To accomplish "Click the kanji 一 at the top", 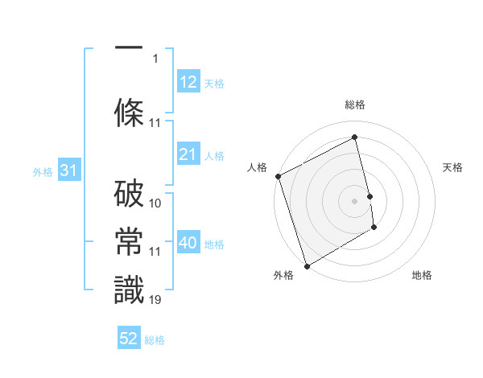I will (129, 47).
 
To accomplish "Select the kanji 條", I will (129, 110).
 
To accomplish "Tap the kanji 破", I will (129, 195).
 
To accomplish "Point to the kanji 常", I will (129, 244).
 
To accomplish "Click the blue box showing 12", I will (188, 82).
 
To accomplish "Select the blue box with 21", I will (188, 155).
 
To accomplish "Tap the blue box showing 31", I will (68, 171).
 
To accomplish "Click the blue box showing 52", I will (129, 339).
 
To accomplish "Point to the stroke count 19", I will (155, 300).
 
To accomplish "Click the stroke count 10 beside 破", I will (155, 203).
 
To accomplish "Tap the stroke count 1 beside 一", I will (155, 59).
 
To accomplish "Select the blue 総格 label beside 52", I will (155, 340).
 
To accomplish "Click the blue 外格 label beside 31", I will (43, 172).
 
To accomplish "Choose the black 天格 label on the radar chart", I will (453, 167).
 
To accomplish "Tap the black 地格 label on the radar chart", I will (422, 275).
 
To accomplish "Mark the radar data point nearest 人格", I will (278, 176).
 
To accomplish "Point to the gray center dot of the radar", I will (354, 200).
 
